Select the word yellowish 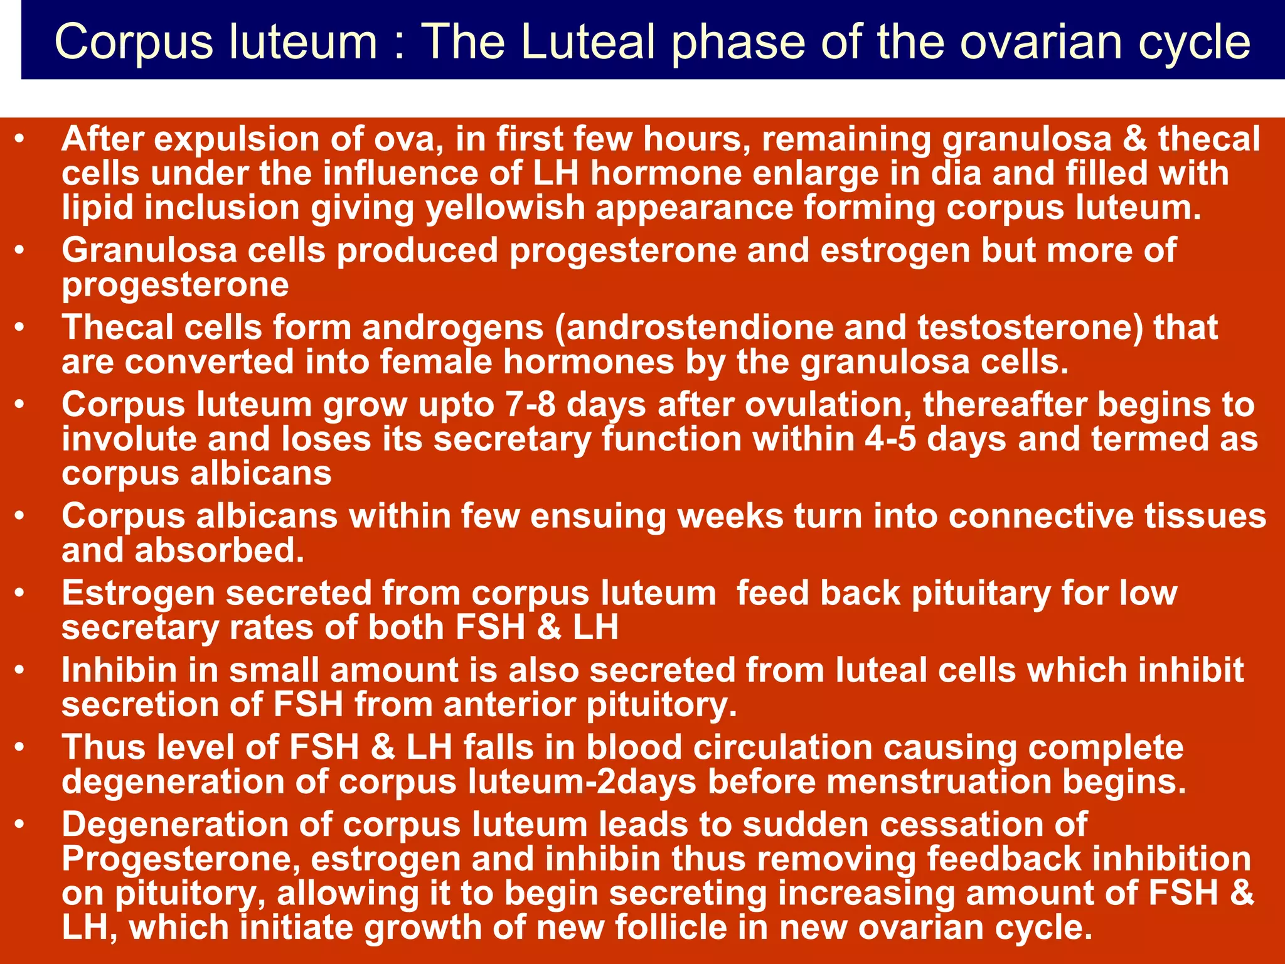[x=505, y=208]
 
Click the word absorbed [x=219, y=550]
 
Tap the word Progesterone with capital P [x=181, y=859]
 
